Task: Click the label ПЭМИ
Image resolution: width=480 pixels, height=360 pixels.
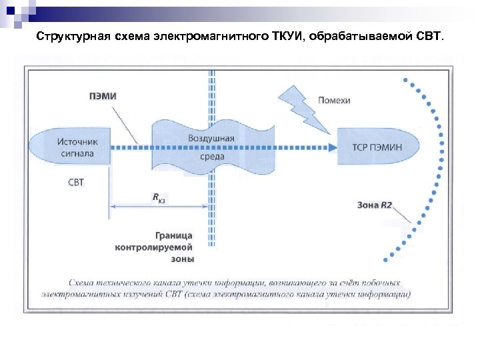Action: (103, 96)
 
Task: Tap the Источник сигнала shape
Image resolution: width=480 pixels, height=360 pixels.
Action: (73, 147)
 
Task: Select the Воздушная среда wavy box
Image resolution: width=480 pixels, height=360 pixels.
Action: (211, 147)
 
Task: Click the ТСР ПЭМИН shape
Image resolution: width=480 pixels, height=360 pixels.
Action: (377, 147)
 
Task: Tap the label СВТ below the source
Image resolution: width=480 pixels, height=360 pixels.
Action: (77, 182)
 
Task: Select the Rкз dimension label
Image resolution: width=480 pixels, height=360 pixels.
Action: (159, 197)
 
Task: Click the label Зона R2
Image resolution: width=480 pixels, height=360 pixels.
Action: (375, 205)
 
